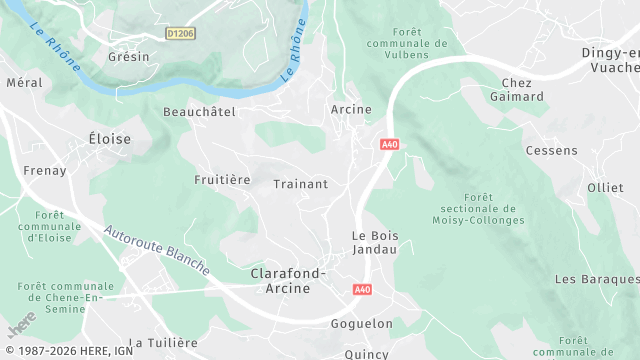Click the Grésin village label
(x=128, y=57)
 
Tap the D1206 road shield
(x=181, y=33)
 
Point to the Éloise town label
(x=109, y=139)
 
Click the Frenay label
(x=44, y=171)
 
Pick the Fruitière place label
(x=222, y=180)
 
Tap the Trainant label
(x=301, y=185)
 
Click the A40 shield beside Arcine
(x=389, y=145)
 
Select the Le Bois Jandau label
(x=375, y=242)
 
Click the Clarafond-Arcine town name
(x=279, y=280)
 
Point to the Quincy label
(x=365, y=352)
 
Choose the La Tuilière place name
(x=165, y=342)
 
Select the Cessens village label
(x=551, y=151)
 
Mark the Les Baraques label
(x=596, y=278)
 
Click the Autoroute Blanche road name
(x=156, y=250)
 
